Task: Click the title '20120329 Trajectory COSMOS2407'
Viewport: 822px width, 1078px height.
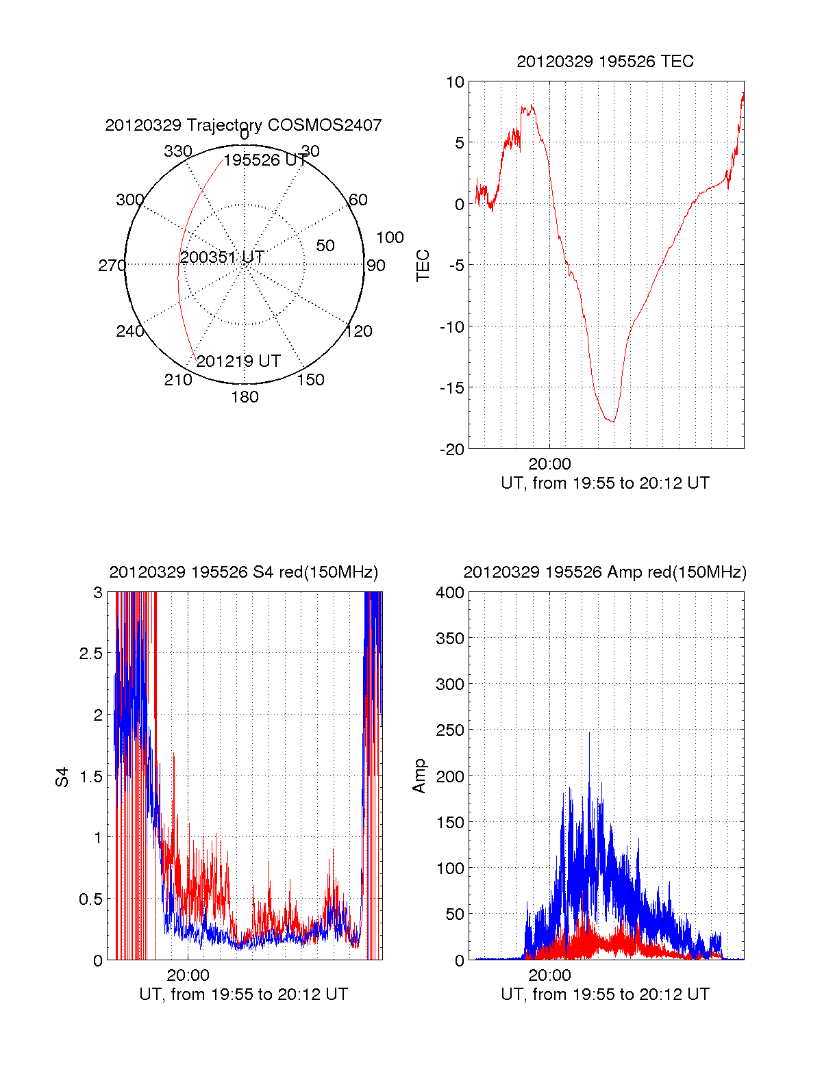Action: pos(243,125)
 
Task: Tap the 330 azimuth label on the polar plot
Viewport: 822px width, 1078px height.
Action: pos(177,151)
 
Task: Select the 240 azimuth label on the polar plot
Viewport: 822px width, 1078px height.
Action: pos(129,331)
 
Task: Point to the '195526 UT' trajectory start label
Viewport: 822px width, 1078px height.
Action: pos(265,160)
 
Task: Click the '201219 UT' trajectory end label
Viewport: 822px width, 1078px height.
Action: pos(238,361)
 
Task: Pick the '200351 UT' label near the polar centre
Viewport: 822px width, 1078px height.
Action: pos(222,257)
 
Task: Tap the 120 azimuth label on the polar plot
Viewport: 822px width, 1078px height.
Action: pos(359,331)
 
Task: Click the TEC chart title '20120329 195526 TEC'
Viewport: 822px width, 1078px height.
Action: pos(605,62)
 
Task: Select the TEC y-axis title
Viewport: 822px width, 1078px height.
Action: pos(423,265)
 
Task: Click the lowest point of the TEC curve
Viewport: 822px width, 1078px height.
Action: pos(612,422)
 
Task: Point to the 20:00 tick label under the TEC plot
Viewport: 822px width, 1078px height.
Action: pos(549,464)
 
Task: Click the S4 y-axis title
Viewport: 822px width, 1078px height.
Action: pos(62,777)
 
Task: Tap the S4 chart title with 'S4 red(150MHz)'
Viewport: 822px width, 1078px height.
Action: pos(243,572)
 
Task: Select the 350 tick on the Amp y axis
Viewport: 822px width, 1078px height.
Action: pos(450,638)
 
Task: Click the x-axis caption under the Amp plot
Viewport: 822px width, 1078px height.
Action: pos(605,994)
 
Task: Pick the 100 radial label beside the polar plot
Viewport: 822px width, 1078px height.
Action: pos(390,238)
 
